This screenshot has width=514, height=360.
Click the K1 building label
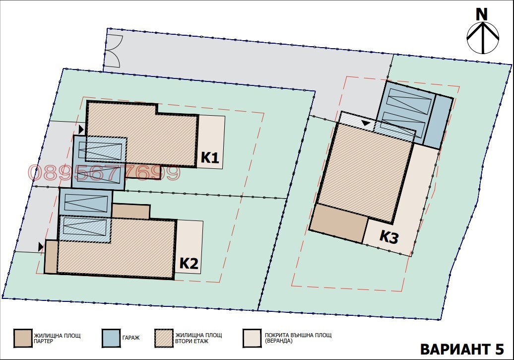tap(210, 157)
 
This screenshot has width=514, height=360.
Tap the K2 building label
tap(189, 263)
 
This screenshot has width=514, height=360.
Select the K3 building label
tap(389, 236)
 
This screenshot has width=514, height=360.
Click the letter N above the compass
tap(481, 14)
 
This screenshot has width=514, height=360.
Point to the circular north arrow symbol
tap(483, 38)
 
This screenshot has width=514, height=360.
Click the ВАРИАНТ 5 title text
tap(462, 349)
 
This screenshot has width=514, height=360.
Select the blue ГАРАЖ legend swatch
tap(111, 338)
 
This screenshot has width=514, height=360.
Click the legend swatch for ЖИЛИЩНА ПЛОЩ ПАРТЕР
tap(23, 338)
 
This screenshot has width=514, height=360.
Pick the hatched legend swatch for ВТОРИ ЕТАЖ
tap(164, 338)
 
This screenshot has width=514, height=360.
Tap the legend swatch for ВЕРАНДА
tap(252, 338)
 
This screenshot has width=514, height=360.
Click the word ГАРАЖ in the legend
tap(131, 338)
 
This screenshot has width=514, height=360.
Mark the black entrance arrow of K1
tap(81, 129)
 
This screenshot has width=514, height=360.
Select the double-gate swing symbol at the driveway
tap(114, 51)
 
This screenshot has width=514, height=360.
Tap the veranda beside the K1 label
tap(211, 142)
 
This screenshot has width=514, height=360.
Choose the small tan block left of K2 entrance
tap(51, 257)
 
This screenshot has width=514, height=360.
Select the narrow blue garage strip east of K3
tap(438, 122)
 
